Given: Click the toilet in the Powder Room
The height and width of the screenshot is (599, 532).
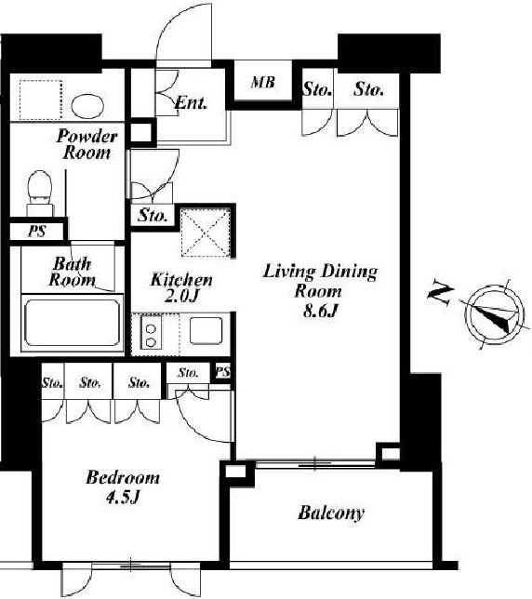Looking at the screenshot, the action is [40, 193].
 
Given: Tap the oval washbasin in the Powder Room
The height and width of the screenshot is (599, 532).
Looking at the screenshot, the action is [87, 106].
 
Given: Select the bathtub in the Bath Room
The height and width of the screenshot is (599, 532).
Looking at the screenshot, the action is [73, 323].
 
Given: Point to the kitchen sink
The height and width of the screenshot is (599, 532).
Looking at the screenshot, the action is [206, 330].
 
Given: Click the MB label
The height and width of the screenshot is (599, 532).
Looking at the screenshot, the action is [263, 82].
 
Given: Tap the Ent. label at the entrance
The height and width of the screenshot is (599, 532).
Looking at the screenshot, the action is [191, 102].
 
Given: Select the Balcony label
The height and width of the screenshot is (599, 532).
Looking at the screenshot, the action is [331, 513].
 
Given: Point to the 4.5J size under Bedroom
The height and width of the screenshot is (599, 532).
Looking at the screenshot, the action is [123, 497].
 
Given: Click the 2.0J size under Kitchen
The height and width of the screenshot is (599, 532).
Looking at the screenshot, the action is [181, 296].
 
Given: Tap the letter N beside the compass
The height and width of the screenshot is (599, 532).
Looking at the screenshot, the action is [440, 292].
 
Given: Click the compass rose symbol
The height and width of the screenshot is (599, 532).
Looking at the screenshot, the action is [494, 313].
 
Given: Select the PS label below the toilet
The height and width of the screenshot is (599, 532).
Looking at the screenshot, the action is [37, 231].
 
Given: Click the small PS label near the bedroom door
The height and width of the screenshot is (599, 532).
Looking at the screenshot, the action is [223, 371].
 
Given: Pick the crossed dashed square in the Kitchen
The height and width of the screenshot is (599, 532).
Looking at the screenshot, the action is [206, 233].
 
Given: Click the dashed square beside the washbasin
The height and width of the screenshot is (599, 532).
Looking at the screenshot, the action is [41, 100].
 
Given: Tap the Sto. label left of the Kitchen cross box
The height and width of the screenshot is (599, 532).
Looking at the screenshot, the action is [153, 216].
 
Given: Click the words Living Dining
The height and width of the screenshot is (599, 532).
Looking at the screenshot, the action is [320, 272].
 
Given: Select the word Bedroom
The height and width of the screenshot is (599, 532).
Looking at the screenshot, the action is [123, 477].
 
